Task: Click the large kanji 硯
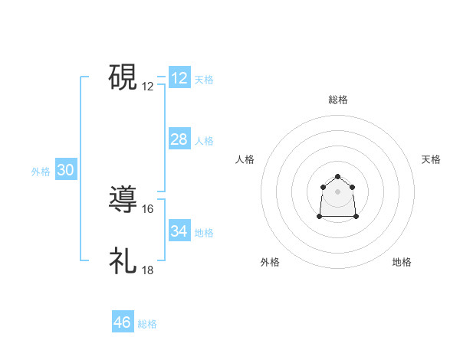[x=123, y=77]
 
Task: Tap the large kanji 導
[x=123, y=199]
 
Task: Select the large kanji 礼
[x=123, y=261]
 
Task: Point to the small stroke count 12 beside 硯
[x=148, y=87]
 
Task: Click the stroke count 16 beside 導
[x=148, y=208]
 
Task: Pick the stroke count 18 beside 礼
[x=148, y=270]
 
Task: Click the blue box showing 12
[x=179, y=78]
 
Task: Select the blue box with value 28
[x=179, y=139]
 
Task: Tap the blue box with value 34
[x=179, y=231]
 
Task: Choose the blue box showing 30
[x=65, y=171]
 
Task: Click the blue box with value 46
[x=123, y=322]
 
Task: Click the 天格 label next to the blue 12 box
[x=204, y=80]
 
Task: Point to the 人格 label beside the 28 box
[x=204, y=141]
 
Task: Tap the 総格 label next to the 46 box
[x=147, y=324]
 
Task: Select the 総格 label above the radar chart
[x=338, y=100]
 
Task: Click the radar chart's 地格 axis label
[x=402, y=262]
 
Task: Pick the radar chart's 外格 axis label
[x=270, y=262]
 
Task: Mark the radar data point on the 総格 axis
[x=337, y=177]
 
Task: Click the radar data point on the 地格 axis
[x=356, y=217]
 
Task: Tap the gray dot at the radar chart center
[x=337, y=191]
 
